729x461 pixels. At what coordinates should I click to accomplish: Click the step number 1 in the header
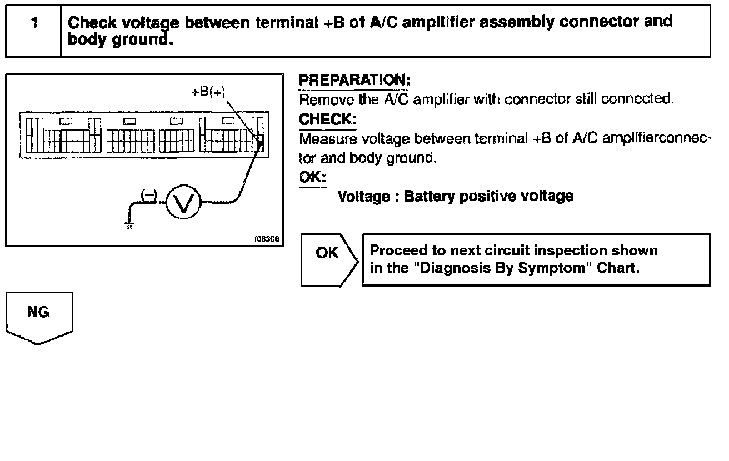click(x=34, y=23)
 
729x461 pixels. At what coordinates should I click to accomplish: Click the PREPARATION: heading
click(x=354, y=81)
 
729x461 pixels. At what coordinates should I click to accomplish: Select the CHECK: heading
click(x=327, y=119)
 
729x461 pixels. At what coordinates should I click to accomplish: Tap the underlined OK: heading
click(x=313, y=177)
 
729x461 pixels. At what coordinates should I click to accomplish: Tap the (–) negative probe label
click(x=148, y=194)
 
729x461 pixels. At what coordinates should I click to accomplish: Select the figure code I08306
click(x=267, y=240)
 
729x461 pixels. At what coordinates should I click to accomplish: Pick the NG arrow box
click(x=39, y=317)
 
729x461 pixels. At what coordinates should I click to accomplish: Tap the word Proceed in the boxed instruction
click(x=396, y=251)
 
